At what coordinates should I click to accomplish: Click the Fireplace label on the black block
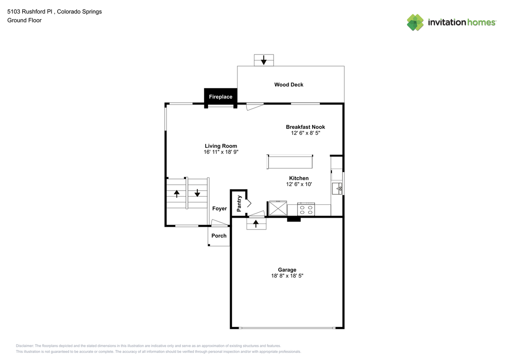(x=220, y=97)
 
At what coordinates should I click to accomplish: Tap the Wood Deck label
(x=289, y=85)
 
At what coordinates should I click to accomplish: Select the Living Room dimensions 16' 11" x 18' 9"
(x=221, y=152)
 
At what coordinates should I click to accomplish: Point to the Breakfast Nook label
(x=305, y=127)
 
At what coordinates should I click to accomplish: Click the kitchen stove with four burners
(x=306, y=209)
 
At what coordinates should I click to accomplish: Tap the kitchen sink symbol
(x=337, y=189)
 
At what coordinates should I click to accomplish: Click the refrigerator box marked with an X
(x=278, y=208)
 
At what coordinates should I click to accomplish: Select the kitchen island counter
(x=290, y=162)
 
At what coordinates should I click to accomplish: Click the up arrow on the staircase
(x=177, y=194)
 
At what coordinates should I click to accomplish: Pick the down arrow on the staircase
(x=197, y=193)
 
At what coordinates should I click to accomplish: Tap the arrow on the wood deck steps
(x=264, y=60)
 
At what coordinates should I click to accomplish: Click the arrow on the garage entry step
(x=256, y=224)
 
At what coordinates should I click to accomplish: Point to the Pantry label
(x=239, y=203)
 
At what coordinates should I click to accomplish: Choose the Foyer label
(x=220, y=208)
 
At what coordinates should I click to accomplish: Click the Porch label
(x=219, y=235)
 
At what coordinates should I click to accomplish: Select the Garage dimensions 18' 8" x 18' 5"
(x=287, y=276)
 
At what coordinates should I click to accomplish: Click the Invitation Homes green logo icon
(x=415, y=22)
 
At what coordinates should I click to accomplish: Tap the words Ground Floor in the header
(x=24, y=20)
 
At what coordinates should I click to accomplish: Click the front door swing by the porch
(x=220, y=223)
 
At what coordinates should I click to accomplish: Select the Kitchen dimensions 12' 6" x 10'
(x=299, y=184)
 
